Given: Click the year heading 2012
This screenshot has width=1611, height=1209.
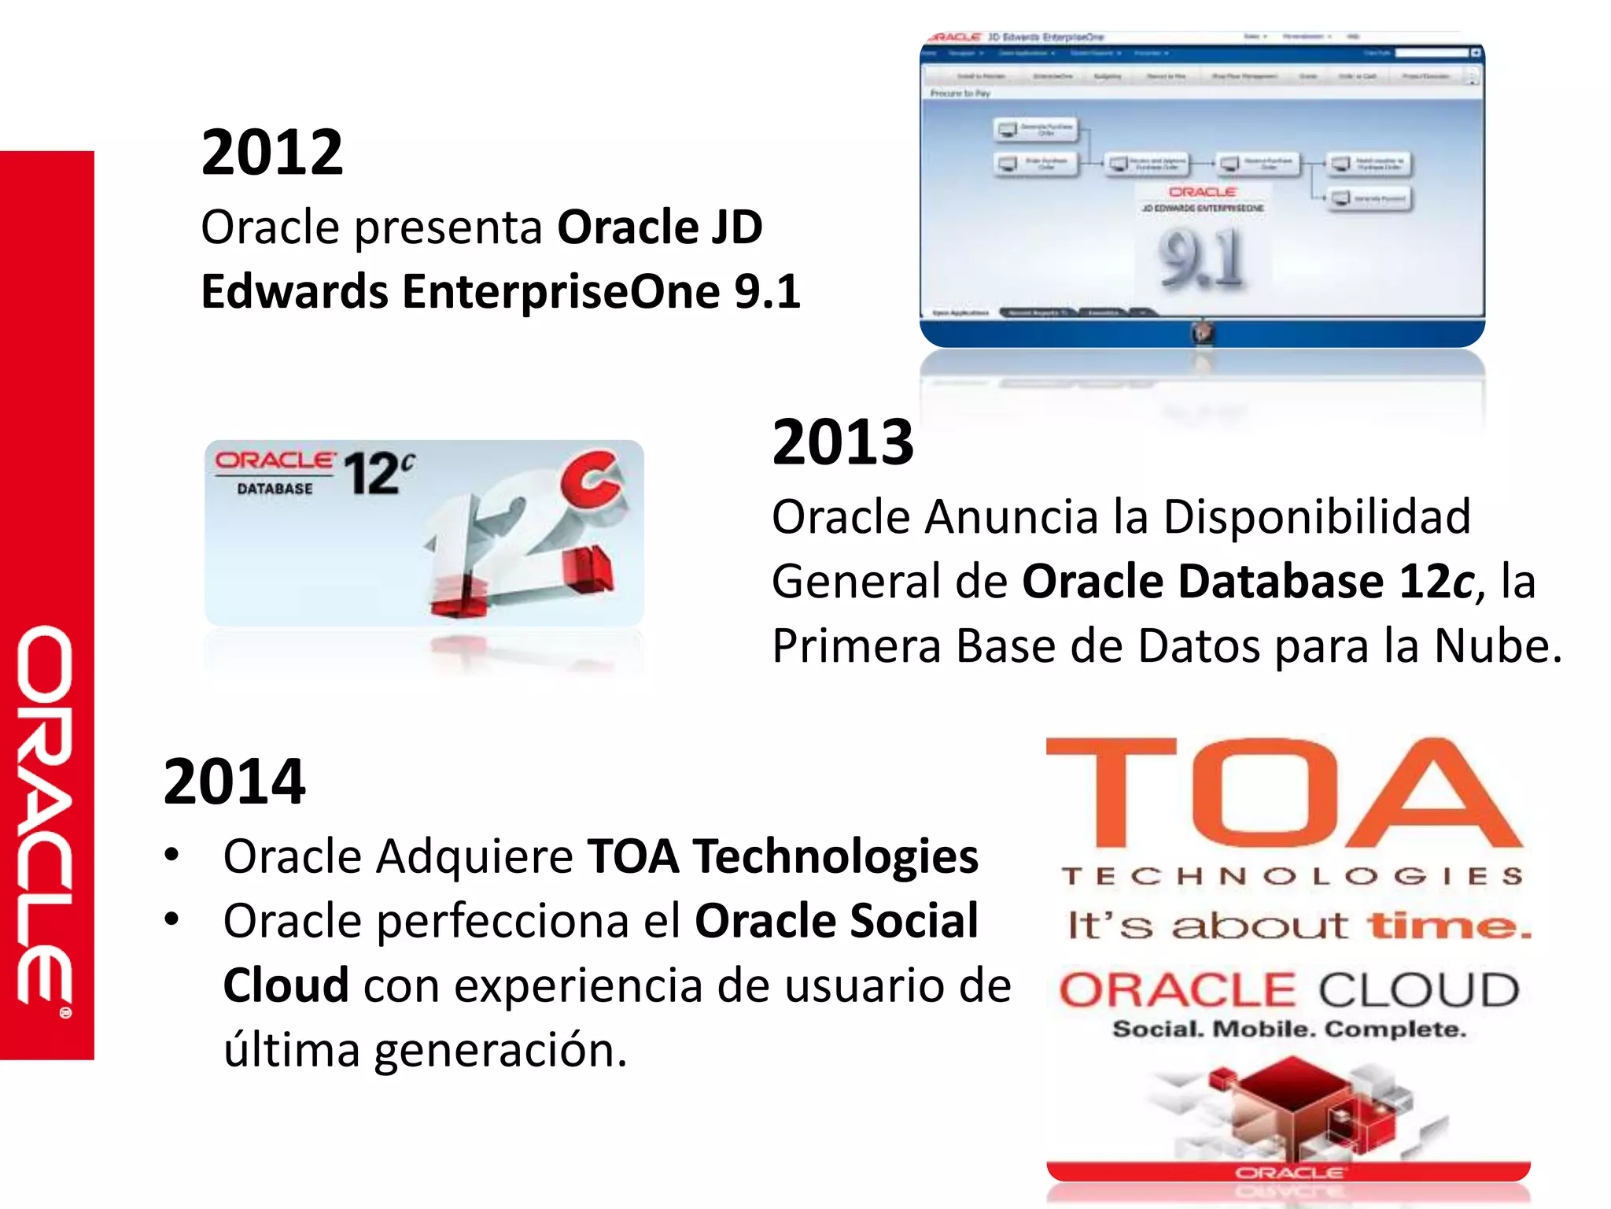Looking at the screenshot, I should pyautogui.click(x=272, y=153).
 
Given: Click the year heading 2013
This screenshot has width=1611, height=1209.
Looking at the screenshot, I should pyautogui.click(x=842, y=442).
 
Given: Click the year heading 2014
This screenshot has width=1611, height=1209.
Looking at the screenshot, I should pyautogui.click(x=234, y=782).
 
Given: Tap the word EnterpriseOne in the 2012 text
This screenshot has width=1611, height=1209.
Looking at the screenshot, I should pyautogui.click(x=561, y=292).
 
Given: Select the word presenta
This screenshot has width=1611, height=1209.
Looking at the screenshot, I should pyautogui.click(x=448, y=227).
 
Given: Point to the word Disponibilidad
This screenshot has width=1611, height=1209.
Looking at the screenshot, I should pyautogui.click(x=1316, y=517).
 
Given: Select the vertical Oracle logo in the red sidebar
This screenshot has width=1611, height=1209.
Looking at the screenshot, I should pyautogui.click(x=46, y=819).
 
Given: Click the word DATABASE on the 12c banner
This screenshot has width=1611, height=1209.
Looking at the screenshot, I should pyautogui.click(x=275, y=489).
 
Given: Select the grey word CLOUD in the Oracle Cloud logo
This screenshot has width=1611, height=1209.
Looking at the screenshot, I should pyautogui.click(x=1418, y=990).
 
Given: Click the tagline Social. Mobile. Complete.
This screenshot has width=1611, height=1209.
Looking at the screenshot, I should pyautogui.click(x=1288, y=1030).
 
